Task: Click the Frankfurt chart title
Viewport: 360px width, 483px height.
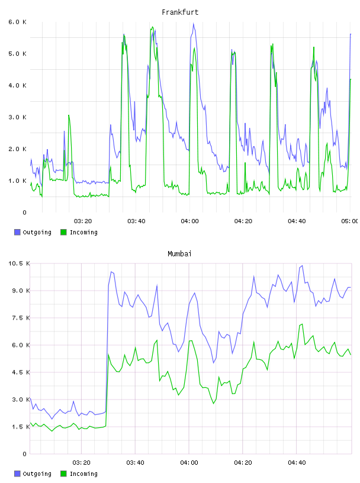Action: [180, 12]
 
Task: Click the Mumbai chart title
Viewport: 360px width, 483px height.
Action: [179, 254]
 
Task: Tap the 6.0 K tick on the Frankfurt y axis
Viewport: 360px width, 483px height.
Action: [17, 22]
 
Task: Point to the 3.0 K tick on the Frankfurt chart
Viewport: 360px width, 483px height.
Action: [17, 117]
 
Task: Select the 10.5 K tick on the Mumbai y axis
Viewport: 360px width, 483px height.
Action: [19, 263]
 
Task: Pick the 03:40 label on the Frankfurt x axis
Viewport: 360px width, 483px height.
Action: [136, 221]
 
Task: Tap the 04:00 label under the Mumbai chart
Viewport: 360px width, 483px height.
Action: [189, 463]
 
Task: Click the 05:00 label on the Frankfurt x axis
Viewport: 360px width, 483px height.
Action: [349, 221]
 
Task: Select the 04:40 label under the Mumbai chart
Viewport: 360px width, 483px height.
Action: [297, 463]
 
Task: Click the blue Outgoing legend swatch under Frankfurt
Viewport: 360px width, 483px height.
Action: [17, 232]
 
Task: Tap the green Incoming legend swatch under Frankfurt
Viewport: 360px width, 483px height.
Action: [63, 232]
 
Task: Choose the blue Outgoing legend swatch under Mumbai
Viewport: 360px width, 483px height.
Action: [17, 474]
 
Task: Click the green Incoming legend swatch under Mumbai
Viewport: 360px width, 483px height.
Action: [63, 474]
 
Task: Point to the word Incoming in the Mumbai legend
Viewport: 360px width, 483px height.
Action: [83, 474]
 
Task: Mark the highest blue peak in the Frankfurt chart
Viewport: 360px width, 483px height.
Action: [193, 24]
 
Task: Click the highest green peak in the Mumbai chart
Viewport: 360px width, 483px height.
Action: [302, 324]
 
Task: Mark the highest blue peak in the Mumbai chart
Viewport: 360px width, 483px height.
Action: [302, 266]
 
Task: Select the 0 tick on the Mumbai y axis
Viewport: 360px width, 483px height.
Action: [25, 454]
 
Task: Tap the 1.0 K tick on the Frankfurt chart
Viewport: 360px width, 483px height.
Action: [17, 181]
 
